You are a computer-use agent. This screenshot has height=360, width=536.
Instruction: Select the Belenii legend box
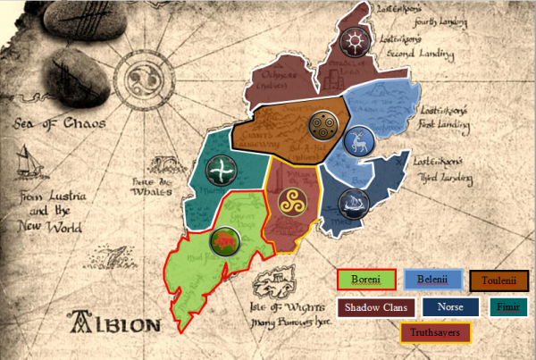(x=433, y=280)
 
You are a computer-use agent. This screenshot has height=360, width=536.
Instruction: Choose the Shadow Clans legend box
(x=377, y=307)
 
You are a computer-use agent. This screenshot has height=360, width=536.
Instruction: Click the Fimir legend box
(x=509, y=307)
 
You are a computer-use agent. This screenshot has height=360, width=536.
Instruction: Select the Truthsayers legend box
(x=436, y=333)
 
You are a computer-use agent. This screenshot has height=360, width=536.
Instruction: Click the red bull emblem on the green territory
(x=222, y=240)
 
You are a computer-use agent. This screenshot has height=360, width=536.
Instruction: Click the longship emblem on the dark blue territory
(x=356, y=200)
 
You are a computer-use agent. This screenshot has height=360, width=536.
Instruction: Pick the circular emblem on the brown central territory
(x=321, y=125)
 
